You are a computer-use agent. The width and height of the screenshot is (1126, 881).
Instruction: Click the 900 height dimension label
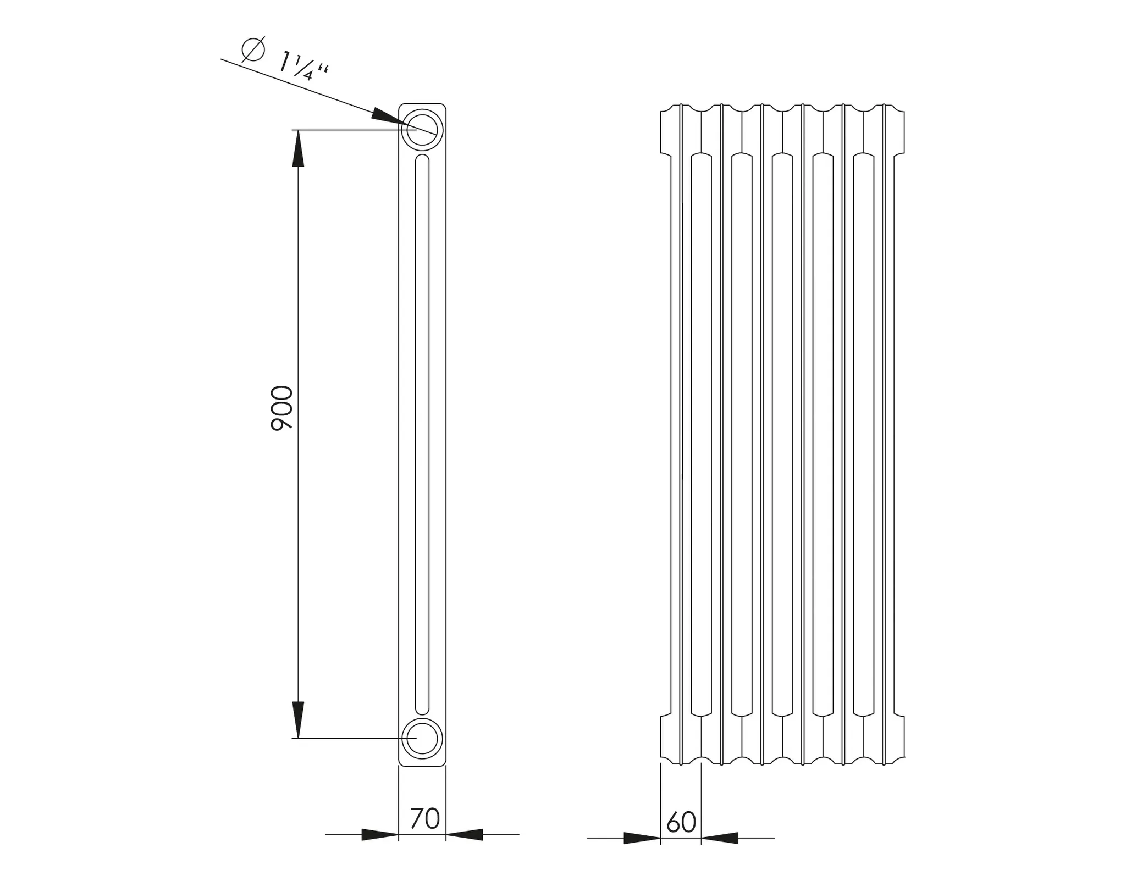point(281,408)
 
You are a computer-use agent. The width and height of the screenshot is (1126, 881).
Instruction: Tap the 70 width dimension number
point(425,818)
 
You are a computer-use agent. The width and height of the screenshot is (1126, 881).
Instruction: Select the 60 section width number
point(681,822)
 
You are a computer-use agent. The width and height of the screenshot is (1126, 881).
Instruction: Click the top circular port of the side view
point(422,130)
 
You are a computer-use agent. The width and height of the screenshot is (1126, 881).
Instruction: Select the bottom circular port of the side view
point(422,738)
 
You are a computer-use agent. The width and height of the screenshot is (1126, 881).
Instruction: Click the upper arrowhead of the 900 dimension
point(298,148)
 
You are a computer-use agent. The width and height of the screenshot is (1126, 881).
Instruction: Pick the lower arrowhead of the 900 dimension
point(298,719)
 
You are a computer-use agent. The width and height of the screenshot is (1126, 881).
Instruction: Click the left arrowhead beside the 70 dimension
point(380,834)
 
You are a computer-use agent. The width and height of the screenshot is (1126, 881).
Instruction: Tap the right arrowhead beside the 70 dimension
point(465,834)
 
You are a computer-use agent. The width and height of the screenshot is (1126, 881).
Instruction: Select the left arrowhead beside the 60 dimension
point(642,838)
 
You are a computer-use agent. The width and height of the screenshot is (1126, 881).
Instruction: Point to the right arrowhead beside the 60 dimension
point(720,838)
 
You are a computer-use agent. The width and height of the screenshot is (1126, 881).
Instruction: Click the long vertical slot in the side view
point(422,434)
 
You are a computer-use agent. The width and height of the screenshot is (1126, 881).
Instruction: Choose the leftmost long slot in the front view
point(701,434)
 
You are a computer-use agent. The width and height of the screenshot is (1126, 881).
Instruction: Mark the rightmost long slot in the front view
point(863,434)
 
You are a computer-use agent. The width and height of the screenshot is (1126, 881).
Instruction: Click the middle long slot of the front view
point(782,434)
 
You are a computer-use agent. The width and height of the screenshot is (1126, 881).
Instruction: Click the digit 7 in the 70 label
point(417,818)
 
